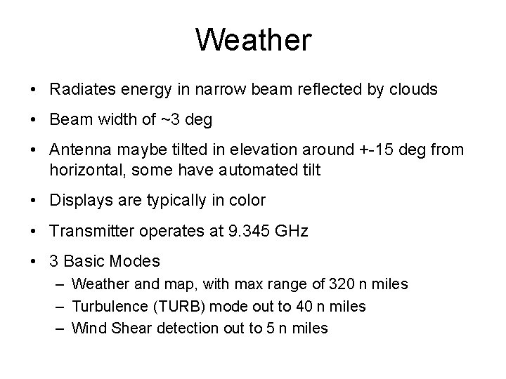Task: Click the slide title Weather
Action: pyautogui.click(x=253, y=40)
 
